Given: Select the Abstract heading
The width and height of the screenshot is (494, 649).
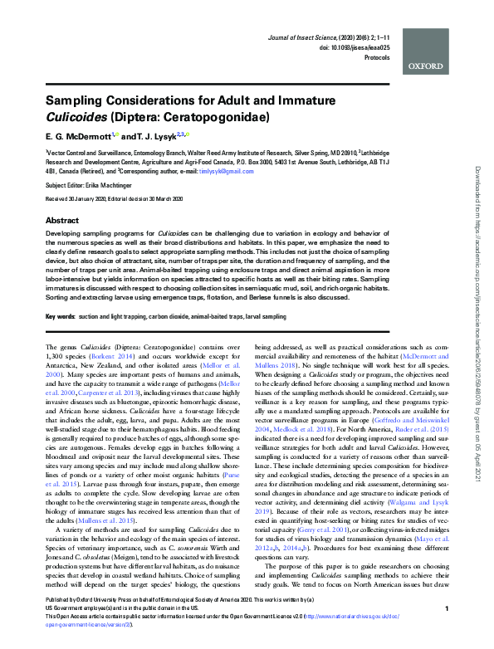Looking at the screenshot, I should pyautogui.click(x=61, y=222).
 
